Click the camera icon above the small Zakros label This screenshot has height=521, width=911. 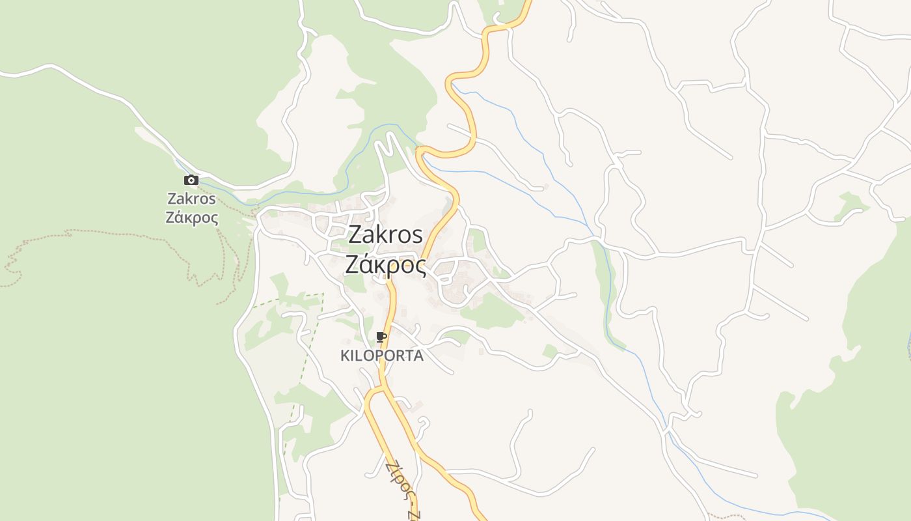pyautogui.click(x=191, y=180)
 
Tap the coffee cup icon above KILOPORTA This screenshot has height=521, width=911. pyautogui.click(x=381, y=337)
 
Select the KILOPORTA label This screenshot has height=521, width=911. pyautogui.click(x=382, y=356)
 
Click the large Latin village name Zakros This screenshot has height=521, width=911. pyautogui.click(x=385, y=235)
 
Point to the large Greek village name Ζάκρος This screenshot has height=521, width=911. pyautogui.click(x=385, y=265)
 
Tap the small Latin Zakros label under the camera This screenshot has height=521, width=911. pyautogui.click(x=191, y=199)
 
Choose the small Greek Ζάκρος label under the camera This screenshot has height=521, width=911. pyautogui.click(x=191, y=218)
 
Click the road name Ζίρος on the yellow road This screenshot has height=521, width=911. pyautogui.click(x=398, y=478)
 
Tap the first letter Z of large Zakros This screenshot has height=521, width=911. pyautogui.click(x=355, y=235)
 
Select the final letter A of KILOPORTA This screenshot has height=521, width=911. pyautogui.click(x=418, y=356)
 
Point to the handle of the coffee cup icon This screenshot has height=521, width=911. pyautogui.click(x=385, y=336)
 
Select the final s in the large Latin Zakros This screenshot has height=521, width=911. pyautogui.click(x=417, y=235)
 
